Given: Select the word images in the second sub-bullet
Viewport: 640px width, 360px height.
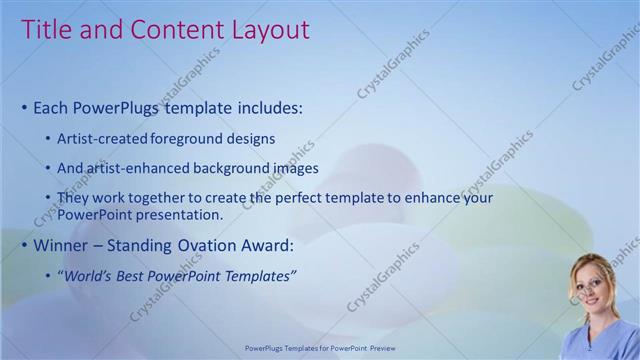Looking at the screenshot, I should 290,168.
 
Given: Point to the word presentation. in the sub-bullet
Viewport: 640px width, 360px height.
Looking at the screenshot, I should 176,214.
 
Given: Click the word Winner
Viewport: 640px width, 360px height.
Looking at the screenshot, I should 59,245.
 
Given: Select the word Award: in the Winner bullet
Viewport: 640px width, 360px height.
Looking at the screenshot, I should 265,245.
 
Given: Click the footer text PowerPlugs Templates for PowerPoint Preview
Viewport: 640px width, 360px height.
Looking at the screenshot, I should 319,349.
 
